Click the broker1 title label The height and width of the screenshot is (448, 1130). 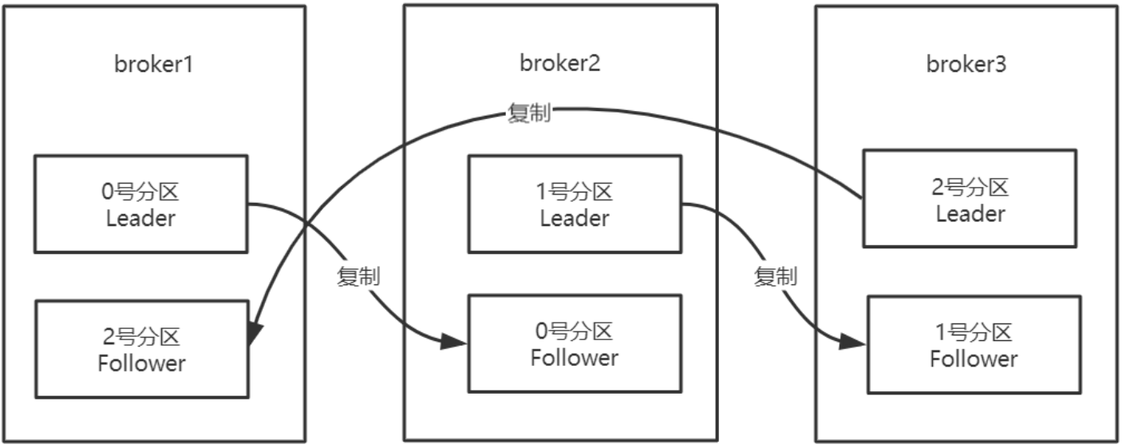tap(154, 65)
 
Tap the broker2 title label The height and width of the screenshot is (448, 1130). tap(559, 64)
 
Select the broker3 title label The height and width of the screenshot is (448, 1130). tap(966, 65)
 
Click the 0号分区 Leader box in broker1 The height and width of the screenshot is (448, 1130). tap(140, 204)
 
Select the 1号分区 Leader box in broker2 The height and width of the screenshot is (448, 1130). tap(574, 204)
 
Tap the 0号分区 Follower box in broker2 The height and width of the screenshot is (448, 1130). tap(574, 343)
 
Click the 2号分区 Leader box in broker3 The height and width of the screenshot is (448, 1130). tap(970, 198)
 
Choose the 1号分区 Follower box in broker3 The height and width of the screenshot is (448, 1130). tap(974, 344)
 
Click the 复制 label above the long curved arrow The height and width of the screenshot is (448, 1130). tap(529, 113)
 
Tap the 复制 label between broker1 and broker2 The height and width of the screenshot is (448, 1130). tap(358, 278)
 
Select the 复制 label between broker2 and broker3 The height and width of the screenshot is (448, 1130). tap(775, 277)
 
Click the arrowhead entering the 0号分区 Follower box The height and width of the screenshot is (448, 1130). tap(454, 342)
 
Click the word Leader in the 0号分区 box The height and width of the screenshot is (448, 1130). tap(140, 218)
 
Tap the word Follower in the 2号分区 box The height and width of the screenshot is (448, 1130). tap(141, 363)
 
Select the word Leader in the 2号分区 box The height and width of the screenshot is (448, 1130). tap(970, 214)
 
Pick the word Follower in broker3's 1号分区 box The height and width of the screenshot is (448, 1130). tap(974, 359)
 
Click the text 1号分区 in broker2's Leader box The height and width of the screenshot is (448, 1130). tap(574, 192)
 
